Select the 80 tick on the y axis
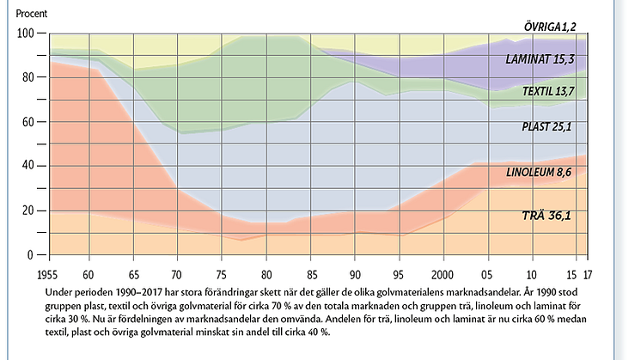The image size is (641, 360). (27, 77)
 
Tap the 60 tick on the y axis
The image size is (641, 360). (27, 122)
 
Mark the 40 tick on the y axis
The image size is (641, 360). (27, 166)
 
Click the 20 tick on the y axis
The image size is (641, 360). (27, 211)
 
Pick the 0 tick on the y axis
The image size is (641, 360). (30, 255)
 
